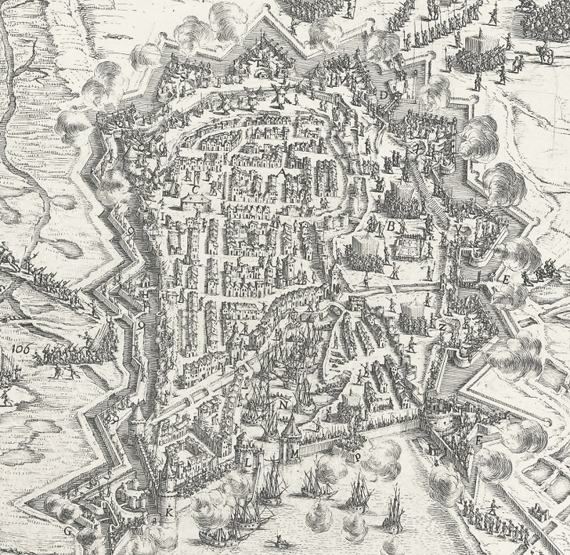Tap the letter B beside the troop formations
[389, 225]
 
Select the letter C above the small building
[194, 189]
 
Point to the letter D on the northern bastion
[384, 95]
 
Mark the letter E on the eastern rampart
[507, 279]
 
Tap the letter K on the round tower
[168, 514]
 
